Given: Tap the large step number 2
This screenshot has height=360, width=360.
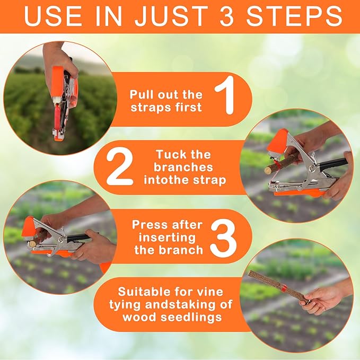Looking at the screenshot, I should (120, 168).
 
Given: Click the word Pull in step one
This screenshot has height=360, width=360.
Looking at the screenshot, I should (142, 94).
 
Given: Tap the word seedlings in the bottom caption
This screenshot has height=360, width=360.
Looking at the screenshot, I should (193, 317).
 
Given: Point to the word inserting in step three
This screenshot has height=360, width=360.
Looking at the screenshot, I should (165, 237).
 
